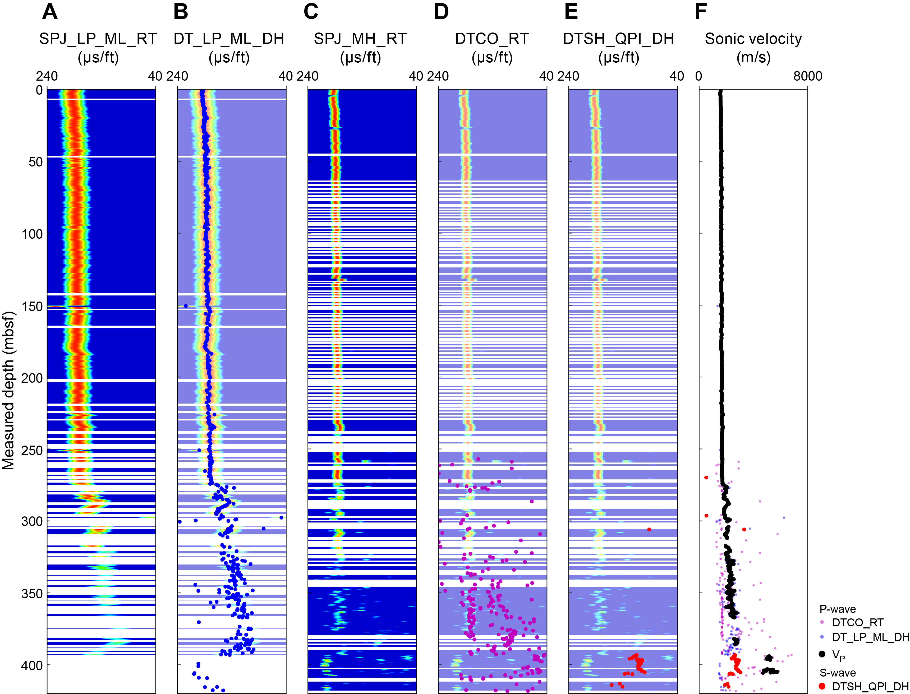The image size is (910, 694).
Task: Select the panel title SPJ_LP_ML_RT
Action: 98,39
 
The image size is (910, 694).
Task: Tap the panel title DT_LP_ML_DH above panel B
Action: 229,39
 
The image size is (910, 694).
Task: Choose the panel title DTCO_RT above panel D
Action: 492,39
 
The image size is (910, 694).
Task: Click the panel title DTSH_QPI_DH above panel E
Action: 619,39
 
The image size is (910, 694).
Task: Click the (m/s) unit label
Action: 753,57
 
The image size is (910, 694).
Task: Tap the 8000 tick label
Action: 807,76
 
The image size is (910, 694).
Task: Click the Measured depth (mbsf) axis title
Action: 8,390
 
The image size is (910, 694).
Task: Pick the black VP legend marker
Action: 822,654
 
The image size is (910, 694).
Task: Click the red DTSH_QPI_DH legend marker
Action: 822,686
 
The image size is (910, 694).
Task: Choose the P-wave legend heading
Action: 837,609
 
